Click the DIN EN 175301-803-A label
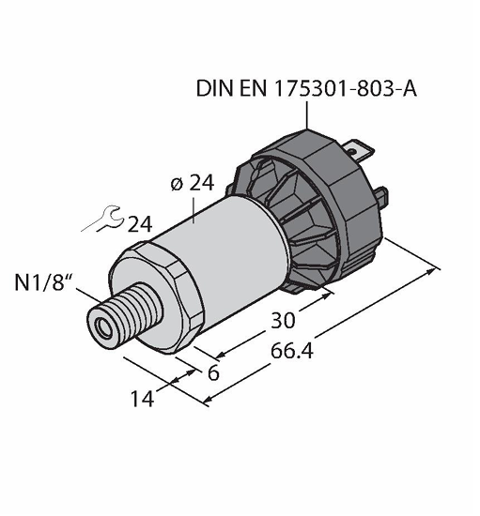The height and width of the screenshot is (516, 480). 306,88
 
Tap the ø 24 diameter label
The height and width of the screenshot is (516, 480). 193,183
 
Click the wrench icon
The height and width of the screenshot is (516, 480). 103,219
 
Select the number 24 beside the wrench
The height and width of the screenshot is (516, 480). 140,225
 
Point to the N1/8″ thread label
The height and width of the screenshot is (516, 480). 43,282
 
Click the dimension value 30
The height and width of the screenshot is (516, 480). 283,321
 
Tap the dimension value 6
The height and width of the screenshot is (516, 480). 213,373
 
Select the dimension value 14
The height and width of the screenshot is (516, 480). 143,399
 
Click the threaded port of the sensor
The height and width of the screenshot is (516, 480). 125,315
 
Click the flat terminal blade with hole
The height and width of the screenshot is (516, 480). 359,151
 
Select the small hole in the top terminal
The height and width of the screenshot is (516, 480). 352,151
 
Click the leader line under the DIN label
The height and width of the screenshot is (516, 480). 307,114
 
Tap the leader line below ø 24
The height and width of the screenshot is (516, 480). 194,210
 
